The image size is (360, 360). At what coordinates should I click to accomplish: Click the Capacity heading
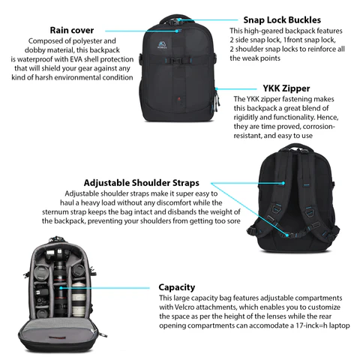[177, 286]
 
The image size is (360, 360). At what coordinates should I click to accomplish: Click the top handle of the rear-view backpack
[291, 154]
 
